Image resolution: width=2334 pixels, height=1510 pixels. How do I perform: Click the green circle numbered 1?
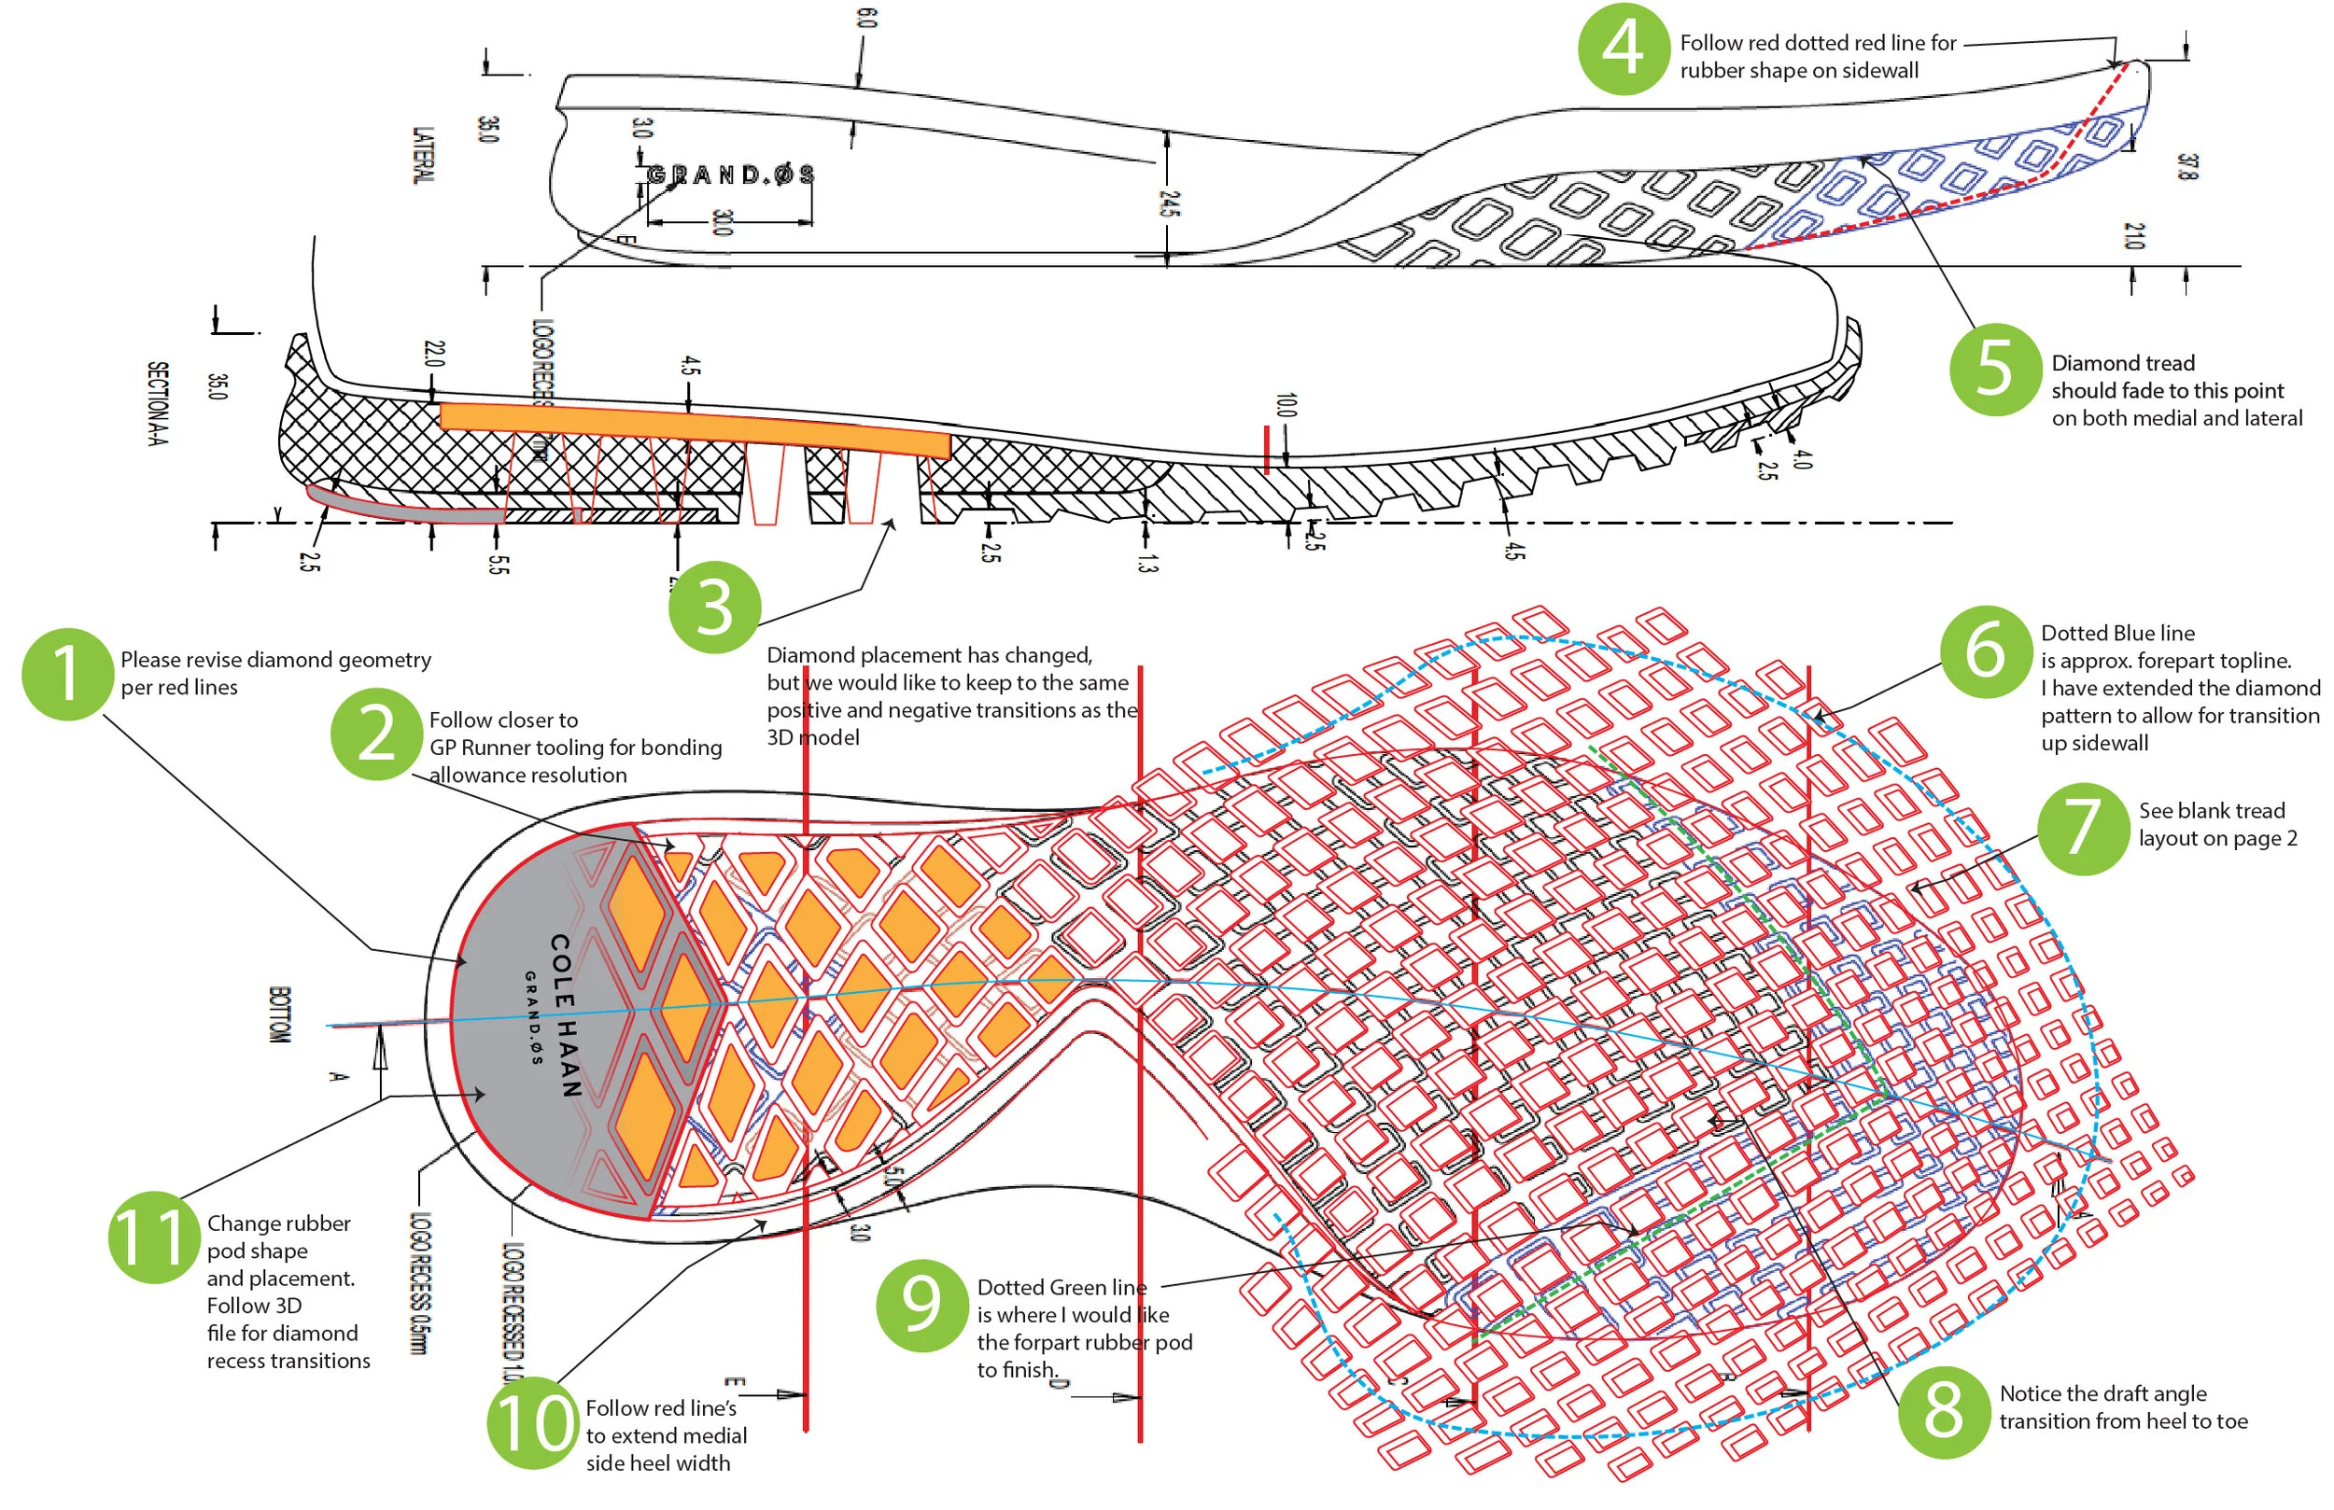66,675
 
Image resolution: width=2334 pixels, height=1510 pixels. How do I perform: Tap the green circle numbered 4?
1623,49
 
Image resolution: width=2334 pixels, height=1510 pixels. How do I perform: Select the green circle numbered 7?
2083,829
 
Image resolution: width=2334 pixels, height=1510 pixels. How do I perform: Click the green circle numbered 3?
714,607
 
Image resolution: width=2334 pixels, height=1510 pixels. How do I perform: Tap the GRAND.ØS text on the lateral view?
731,175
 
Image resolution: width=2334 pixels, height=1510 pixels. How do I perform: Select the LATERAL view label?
422,155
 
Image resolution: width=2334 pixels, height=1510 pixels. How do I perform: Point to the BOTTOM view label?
279,1014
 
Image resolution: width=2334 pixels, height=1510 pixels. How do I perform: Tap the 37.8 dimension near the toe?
2187,167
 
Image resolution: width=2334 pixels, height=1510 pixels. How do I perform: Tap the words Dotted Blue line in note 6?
2117,634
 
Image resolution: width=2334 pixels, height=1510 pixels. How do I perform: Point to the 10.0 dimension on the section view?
1286,405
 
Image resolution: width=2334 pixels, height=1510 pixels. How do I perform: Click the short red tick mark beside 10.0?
1266,449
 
